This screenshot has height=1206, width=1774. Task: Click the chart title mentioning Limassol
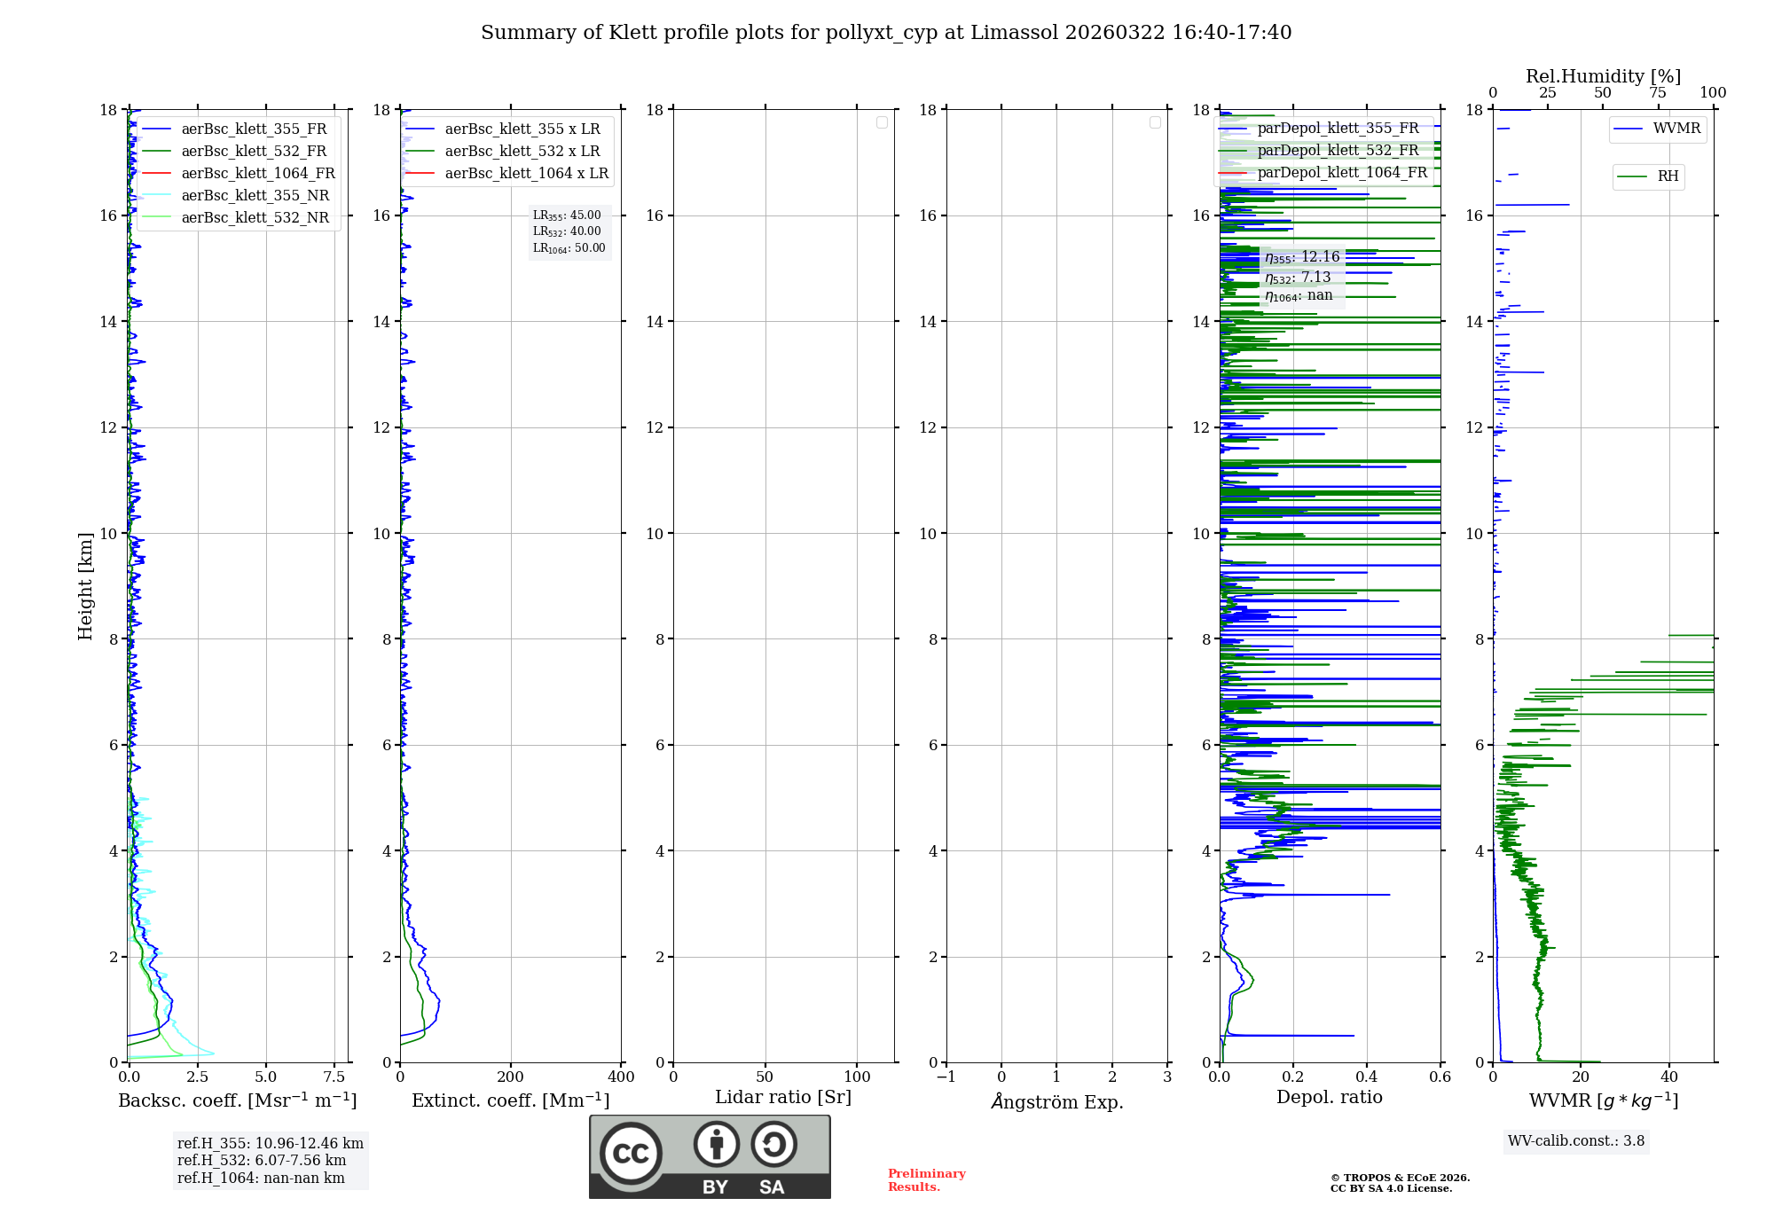click(885, 33)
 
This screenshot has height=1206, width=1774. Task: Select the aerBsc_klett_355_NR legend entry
click(255, 195)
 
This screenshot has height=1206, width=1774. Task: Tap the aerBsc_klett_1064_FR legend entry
click(257, 173)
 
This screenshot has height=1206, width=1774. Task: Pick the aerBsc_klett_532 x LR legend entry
click(522, 151)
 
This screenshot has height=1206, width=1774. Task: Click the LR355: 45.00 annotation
click(567, 215)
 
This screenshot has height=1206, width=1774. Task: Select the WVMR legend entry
click(1676, 129)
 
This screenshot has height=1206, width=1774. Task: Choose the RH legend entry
click(1667, 176)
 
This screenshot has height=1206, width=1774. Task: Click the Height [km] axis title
click(85, 585)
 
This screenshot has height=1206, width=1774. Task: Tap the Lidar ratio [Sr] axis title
click(783, 1098)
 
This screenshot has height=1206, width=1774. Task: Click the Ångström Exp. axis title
click(1056, 1102)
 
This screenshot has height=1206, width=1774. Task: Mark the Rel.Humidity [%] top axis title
click(1603, 76)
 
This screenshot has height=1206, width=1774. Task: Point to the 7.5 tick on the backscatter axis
click(334, 1077)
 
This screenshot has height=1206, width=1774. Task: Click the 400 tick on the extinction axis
click(621, 1077)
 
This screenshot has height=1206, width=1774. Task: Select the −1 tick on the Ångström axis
click(946, 1077)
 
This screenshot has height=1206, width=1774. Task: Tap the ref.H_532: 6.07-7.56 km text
click(262, 1161)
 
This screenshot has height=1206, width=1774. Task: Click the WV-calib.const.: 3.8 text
click(1576, 1141)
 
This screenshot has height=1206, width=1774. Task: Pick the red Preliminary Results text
click(926, 1180)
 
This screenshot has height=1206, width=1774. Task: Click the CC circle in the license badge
click(631, 1154)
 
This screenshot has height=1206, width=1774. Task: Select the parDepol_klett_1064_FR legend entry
click(1341, 173)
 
